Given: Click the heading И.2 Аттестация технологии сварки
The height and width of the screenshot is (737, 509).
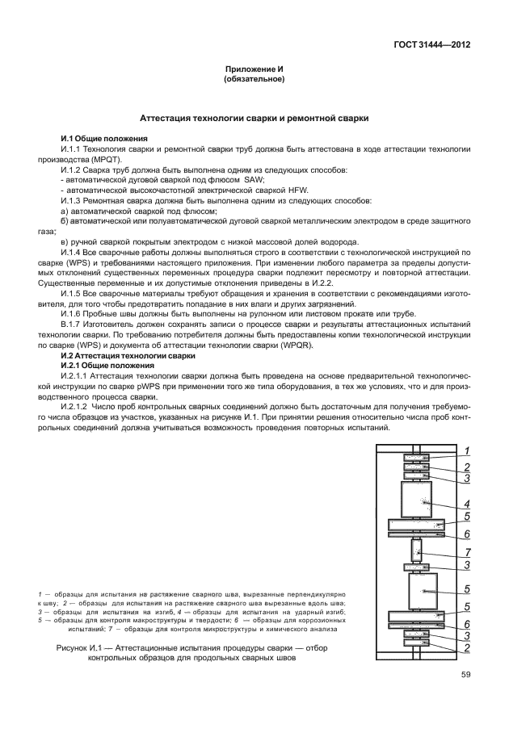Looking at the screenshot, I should click(128, 355).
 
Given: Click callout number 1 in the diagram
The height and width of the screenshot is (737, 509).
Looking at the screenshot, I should click(466, 450).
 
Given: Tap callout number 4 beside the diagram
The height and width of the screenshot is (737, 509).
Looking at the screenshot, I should click(466, 505).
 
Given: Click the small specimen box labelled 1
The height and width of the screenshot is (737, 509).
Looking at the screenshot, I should click(417, 458).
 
